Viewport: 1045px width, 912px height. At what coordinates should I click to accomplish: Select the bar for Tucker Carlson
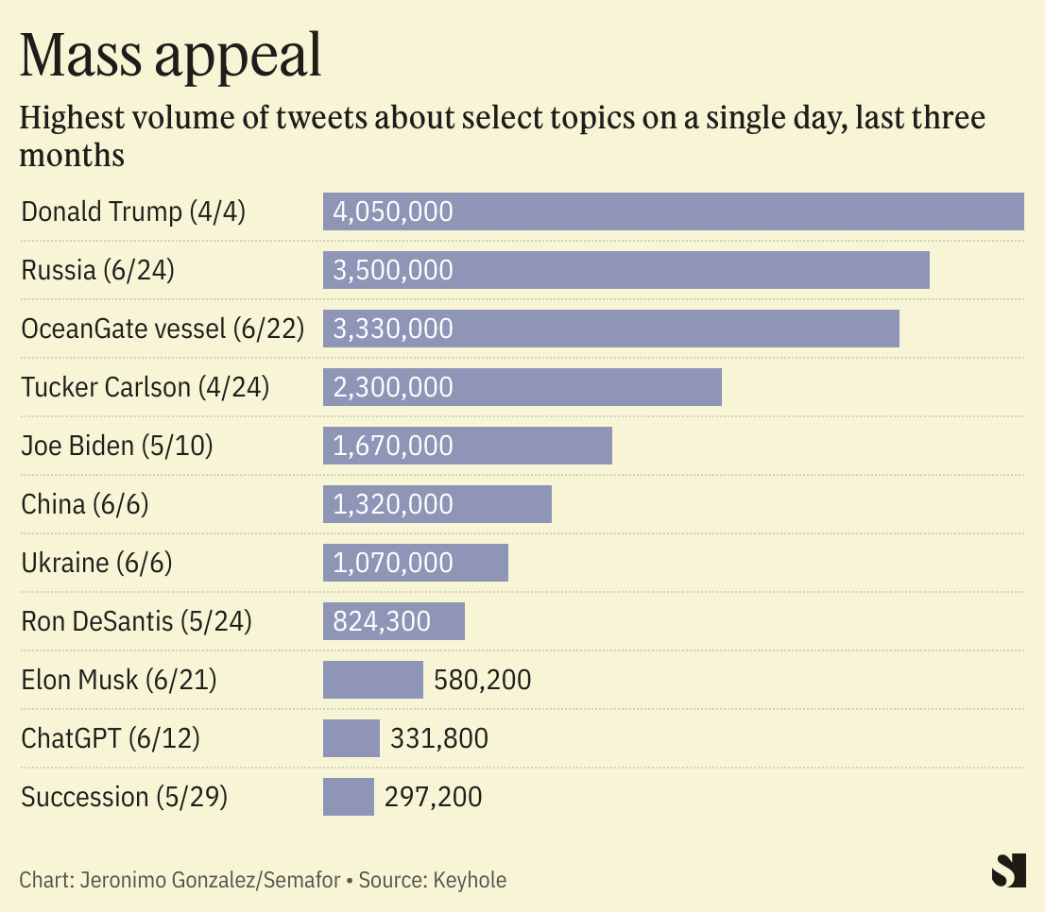pos(522,387)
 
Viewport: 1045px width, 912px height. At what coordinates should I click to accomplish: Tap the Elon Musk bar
pos(372,680)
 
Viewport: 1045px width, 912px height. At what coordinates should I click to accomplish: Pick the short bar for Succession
pos(348,797)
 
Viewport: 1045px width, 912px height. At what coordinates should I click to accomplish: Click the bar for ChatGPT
pos(351,738)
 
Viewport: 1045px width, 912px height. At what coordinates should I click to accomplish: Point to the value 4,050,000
pos(393,211)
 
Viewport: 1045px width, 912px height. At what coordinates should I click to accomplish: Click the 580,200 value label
pos(482,680)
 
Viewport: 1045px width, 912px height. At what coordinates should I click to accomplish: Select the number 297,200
pos(433,797)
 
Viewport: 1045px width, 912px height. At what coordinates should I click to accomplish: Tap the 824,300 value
pos(382,621)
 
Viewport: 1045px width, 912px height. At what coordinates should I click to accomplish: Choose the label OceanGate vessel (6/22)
pos(163,329)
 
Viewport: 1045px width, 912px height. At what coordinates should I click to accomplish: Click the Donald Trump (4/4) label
pos(133,211)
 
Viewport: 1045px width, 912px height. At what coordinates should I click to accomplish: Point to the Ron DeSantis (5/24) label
pos(136,621)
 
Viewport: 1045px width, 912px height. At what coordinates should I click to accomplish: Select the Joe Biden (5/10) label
pos(117,446)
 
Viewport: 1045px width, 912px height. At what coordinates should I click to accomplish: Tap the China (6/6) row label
pos(85,504)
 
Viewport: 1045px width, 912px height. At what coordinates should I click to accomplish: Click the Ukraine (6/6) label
pos(96,563)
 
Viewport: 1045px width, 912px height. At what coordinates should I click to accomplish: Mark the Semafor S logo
pos(1008,870)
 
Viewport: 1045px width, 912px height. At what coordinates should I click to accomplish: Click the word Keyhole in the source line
pos(470,881)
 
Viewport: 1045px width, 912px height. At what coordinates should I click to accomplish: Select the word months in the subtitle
pos(72,155)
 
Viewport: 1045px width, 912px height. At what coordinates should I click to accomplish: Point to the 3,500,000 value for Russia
pos(393,270)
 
